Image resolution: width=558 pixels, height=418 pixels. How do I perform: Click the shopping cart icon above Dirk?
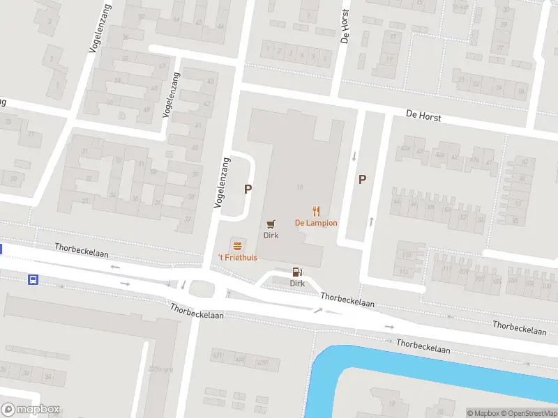(271, 224)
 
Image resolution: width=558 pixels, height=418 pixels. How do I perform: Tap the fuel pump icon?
(297, 272)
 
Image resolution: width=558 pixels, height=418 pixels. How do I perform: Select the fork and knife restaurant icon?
(316, 211)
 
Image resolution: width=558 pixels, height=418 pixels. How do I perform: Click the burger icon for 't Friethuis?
(238, 245)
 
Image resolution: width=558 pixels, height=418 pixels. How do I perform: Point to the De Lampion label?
(316, 223)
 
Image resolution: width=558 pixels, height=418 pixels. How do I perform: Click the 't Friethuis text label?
(238, 258)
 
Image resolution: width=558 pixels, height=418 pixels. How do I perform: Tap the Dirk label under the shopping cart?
(271, 235)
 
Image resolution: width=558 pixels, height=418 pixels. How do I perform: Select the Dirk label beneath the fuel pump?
(297, 284)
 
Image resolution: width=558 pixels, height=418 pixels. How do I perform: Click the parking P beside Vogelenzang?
(248, 189)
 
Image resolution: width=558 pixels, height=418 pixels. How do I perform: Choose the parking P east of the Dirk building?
(362, 179)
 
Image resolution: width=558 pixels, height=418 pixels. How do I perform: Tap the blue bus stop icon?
(33, 280)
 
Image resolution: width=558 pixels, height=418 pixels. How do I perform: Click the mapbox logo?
(30, 410)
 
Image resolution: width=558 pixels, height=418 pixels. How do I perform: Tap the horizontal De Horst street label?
(424, 116)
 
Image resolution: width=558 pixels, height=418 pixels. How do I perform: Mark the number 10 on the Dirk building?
(299, 187)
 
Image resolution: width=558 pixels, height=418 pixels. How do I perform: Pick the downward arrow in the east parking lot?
(354, 156)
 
